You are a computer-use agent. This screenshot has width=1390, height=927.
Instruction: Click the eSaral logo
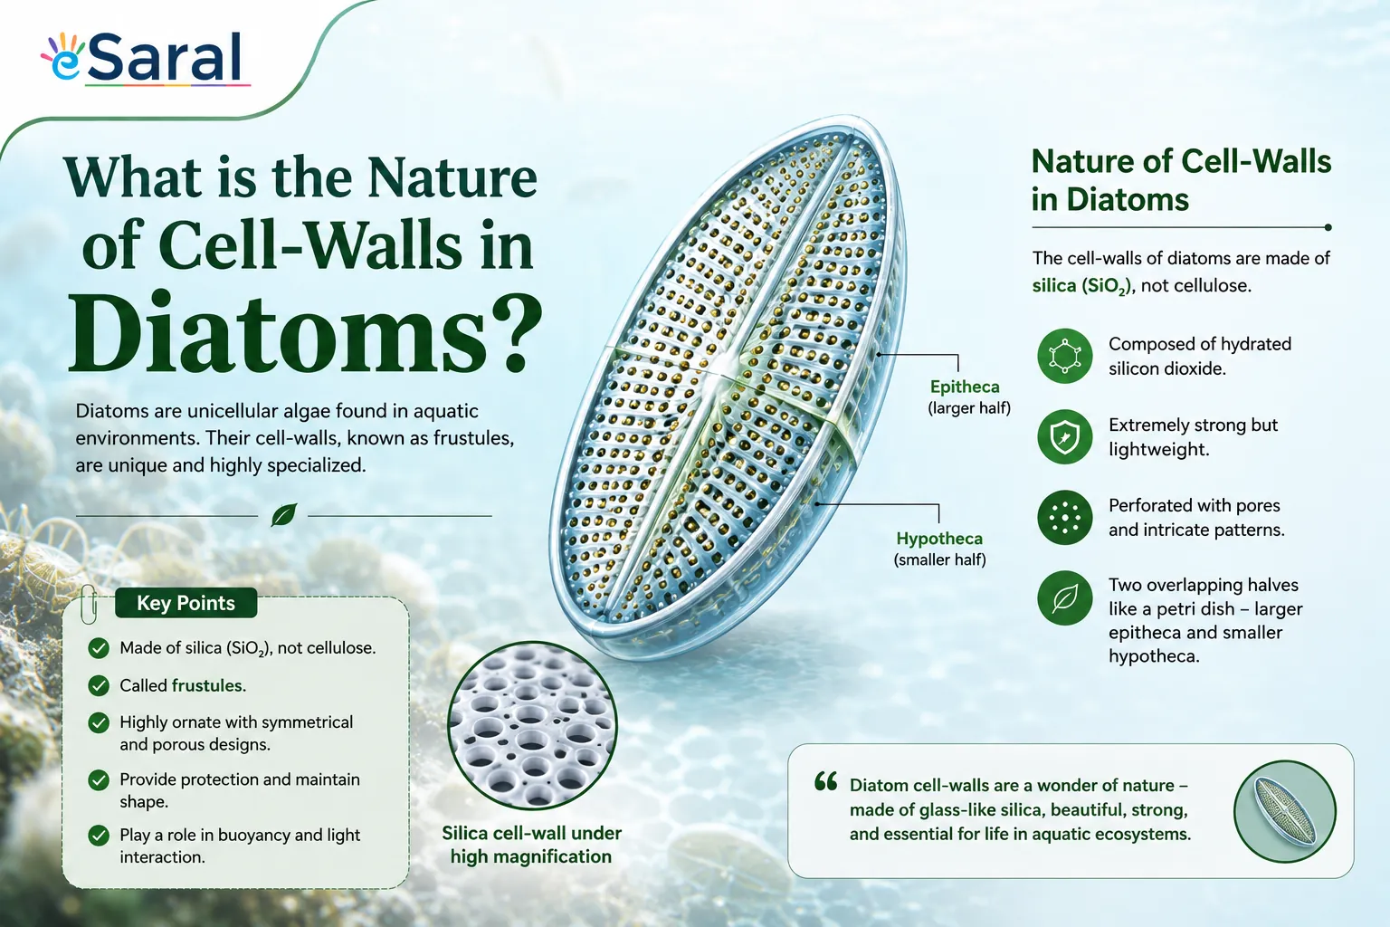coord(145,58)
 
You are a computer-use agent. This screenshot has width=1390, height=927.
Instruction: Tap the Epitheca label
coord(965,387)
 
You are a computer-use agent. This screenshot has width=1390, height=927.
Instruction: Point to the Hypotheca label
coord(938,539)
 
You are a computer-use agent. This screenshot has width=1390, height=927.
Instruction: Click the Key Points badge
coord(186,603)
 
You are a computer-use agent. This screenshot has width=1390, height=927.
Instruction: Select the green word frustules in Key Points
coord(208,685)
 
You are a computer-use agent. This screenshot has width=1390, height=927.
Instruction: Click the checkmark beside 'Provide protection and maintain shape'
coord(99,780)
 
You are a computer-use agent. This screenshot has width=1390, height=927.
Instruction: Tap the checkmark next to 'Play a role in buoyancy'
coord(99,836)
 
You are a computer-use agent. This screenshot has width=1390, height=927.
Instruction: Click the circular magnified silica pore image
coord(532,725)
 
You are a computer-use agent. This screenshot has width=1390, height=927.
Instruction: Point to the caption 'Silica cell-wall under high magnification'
coord(531,845)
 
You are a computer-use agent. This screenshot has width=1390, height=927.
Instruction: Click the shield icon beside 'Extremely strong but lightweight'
coord(1065,436)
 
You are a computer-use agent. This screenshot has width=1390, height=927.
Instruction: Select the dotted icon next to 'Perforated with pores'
coord(1065,517)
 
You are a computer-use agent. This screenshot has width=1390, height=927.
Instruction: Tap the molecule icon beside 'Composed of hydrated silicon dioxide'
coord(1065,356)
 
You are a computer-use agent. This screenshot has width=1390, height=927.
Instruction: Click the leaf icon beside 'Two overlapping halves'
coord(1065,597)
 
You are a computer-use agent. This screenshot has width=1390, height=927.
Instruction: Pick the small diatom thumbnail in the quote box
coord(1284,811)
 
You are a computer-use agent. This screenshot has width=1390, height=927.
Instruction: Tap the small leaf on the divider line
coord(283,515)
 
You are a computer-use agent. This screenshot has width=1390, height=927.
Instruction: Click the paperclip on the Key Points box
coord(89,604)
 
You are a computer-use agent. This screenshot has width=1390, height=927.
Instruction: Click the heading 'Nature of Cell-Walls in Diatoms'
coord(1181,180)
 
